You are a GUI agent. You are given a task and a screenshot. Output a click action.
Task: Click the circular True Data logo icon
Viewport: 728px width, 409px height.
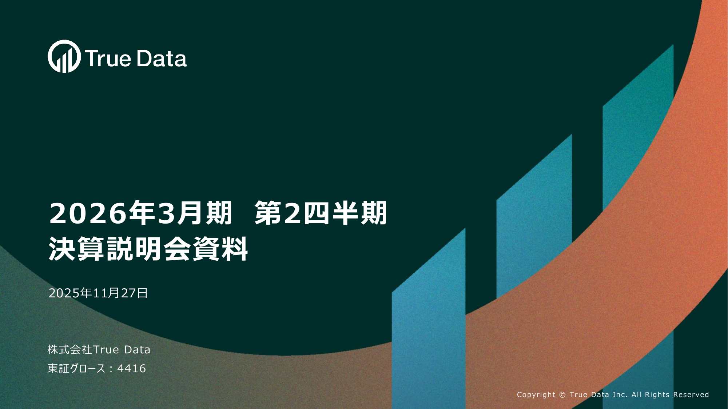coord(64,56)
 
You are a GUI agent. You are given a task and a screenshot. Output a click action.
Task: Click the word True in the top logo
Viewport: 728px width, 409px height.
coord(108,59)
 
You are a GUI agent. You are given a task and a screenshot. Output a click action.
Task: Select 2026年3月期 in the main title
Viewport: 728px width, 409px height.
coord(140,213)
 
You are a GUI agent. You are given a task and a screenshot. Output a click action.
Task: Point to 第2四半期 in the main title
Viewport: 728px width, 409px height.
coord(321,213)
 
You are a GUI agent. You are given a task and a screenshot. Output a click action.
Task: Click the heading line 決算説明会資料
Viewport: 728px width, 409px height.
coord(148,249)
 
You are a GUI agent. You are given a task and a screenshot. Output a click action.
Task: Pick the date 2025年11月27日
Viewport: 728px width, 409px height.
coord(98,293)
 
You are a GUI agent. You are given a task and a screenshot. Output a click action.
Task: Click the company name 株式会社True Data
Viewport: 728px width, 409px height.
coord(99,350)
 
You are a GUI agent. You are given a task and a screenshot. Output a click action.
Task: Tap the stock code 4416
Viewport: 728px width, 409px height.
coord(131,369)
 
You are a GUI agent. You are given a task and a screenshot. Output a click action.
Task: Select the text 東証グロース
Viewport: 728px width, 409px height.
coord(76,369)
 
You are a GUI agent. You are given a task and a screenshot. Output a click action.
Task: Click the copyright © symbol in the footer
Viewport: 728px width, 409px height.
coord(562,395)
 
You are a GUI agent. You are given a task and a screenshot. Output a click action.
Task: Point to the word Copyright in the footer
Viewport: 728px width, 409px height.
coord(536,395)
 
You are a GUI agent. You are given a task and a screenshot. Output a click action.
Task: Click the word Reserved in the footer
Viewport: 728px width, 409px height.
coord(691,395)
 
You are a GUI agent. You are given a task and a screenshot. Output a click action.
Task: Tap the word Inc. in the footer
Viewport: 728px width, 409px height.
coord(620,395)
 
